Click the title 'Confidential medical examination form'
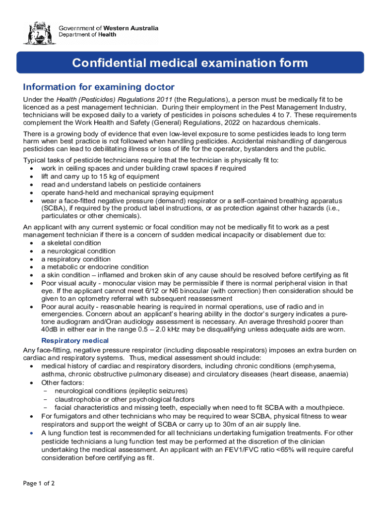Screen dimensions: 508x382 [190, 63]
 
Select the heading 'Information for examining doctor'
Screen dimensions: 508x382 [99, 87]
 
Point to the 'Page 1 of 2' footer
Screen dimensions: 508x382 [39, 483]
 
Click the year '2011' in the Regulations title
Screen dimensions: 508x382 [164, 100]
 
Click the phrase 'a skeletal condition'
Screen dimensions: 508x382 [71, 243]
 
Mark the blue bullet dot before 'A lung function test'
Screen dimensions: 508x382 [31, 433]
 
